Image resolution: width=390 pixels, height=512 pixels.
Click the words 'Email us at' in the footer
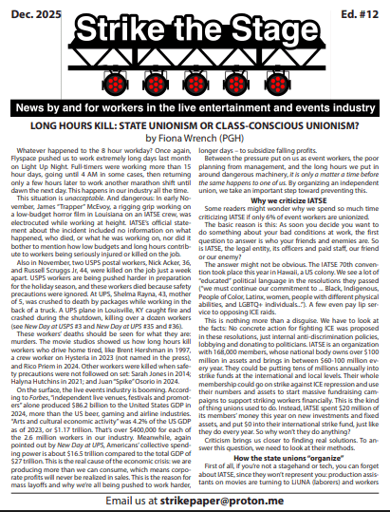[x=142, y=499]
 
